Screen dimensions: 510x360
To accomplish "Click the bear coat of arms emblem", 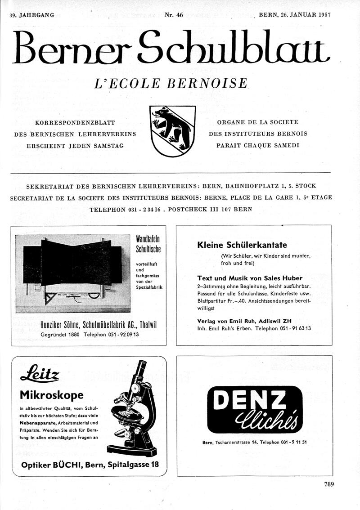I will point(172,131).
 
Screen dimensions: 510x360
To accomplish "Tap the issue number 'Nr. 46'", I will point(173,15).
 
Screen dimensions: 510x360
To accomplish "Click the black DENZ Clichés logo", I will point(254,409).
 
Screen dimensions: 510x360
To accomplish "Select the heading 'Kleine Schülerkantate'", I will point(242,245).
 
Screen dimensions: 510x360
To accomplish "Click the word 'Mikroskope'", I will point(52,395).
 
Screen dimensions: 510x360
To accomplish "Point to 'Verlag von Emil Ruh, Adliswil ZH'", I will point(244,321).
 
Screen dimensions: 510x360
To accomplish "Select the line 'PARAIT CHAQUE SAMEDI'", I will point(257,145).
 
